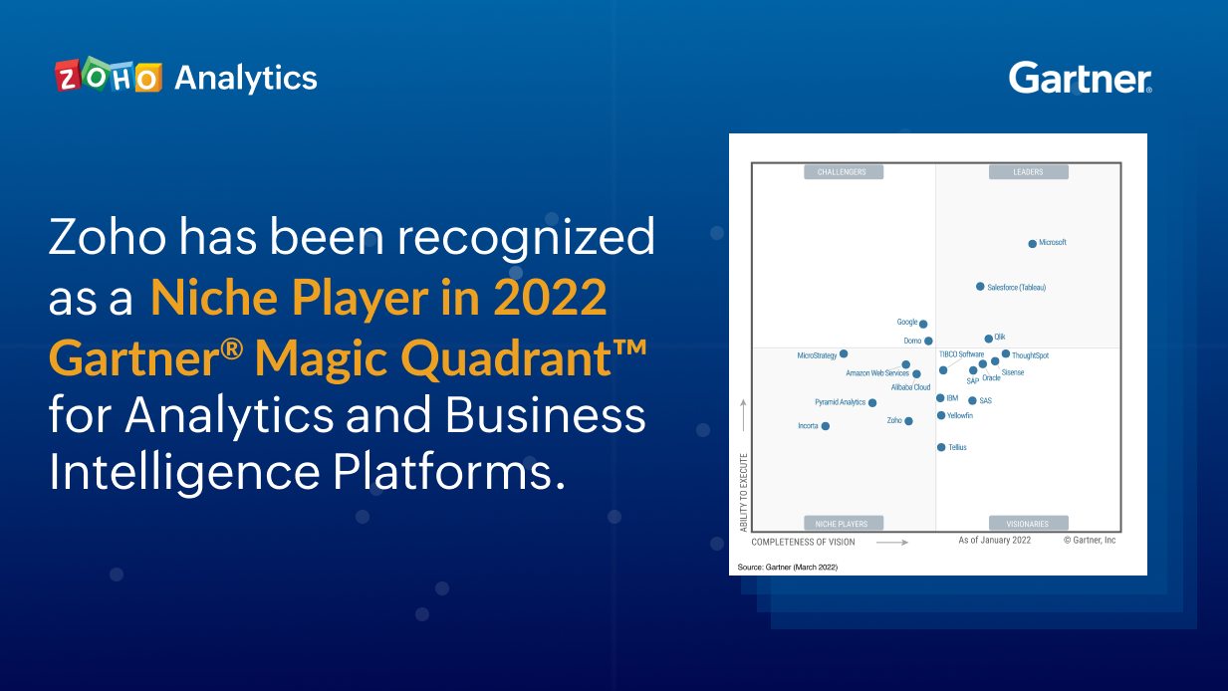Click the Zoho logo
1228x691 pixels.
pos(108,78)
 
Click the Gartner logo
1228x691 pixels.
pos(1080,78)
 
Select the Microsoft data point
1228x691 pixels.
pos(1032,243)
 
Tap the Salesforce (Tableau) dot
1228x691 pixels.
pos(980,287)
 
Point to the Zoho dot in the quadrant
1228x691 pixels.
pos(908,421)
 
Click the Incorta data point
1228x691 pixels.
pos(825,426)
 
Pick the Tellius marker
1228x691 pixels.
pos(941,448)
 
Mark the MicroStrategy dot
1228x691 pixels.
pos(844,353)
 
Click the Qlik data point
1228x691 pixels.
pos(988,339)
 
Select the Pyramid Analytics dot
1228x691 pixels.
pos(872,403)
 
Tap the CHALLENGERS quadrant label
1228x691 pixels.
pos(843,172)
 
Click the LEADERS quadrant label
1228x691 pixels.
pos(1028,172)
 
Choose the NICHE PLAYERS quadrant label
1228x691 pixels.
pos(843,523)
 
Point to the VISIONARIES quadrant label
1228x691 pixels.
pos(1028,523)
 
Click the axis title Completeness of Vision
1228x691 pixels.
pos(803,543)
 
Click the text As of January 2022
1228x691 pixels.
pos(994,540)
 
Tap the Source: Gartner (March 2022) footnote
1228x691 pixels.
pos(788,567)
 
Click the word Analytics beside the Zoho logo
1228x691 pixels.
pos(246,78)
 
